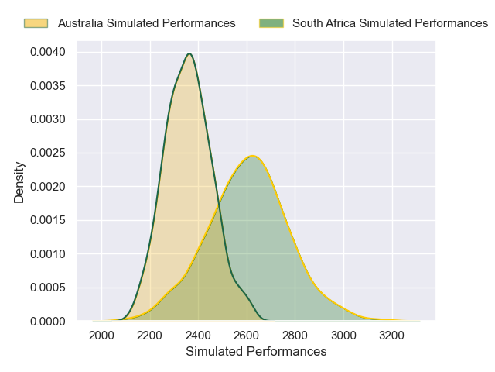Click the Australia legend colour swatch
click(36, 23)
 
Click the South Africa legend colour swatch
click(271, 23)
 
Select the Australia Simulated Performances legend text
click(147, 23)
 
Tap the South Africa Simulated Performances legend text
click(390, 23)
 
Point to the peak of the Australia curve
click(189, 53)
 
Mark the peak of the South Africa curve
click(252, 156)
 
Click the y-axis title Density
click(19, 183)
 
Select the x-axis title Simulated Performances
click(256, 351)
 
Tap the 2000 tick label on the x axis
click(101, 336)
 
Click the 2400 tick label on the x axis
click(198, 336)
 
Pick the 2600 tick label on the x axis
click(247, 336)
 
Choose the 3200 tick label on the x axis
click(392, 336)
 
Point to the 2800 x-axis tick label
click(295, 336)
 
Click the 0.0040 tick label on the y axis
click(48, 52)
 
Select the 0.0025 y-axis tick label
click(48, 153)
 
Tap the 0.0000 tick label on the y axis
click(48, 322)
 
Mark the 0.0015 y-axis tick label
click(48, 220)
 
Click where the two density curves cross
click(218, 205)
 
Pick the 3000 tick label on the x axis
click(343, 336)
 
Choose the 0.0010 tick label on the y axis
click(48, 254)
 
